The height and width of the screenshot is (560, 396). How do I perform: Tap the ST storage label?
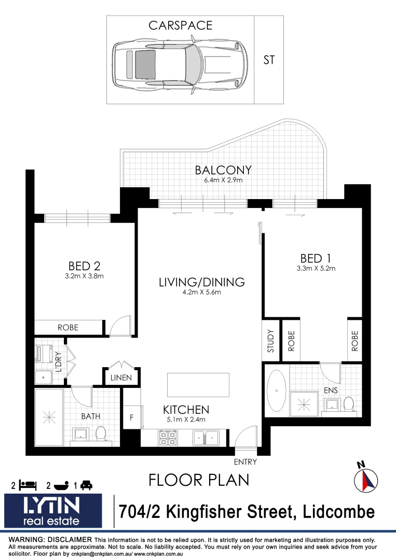point(269,60)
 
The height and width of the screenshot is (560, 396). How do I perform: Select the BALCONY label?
point(223,170)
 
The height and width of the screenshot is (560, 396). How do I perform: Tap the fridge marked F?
point(132,416)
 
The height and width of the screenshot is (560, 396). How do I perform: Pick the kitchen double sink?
point(207,438)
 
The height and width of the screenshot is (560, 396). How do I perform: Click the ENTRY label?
point(245,461)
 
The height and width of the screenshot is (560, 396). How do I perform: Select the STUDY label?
point(270,341)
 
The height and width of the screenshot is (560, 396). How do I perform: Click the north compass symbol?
point(365,478)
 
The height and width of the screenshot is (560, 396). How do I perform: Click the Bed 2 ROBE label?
point(68,328)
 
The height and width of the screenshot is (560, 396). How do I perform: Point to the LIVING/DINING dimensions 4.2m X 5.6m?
point(201,292)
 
